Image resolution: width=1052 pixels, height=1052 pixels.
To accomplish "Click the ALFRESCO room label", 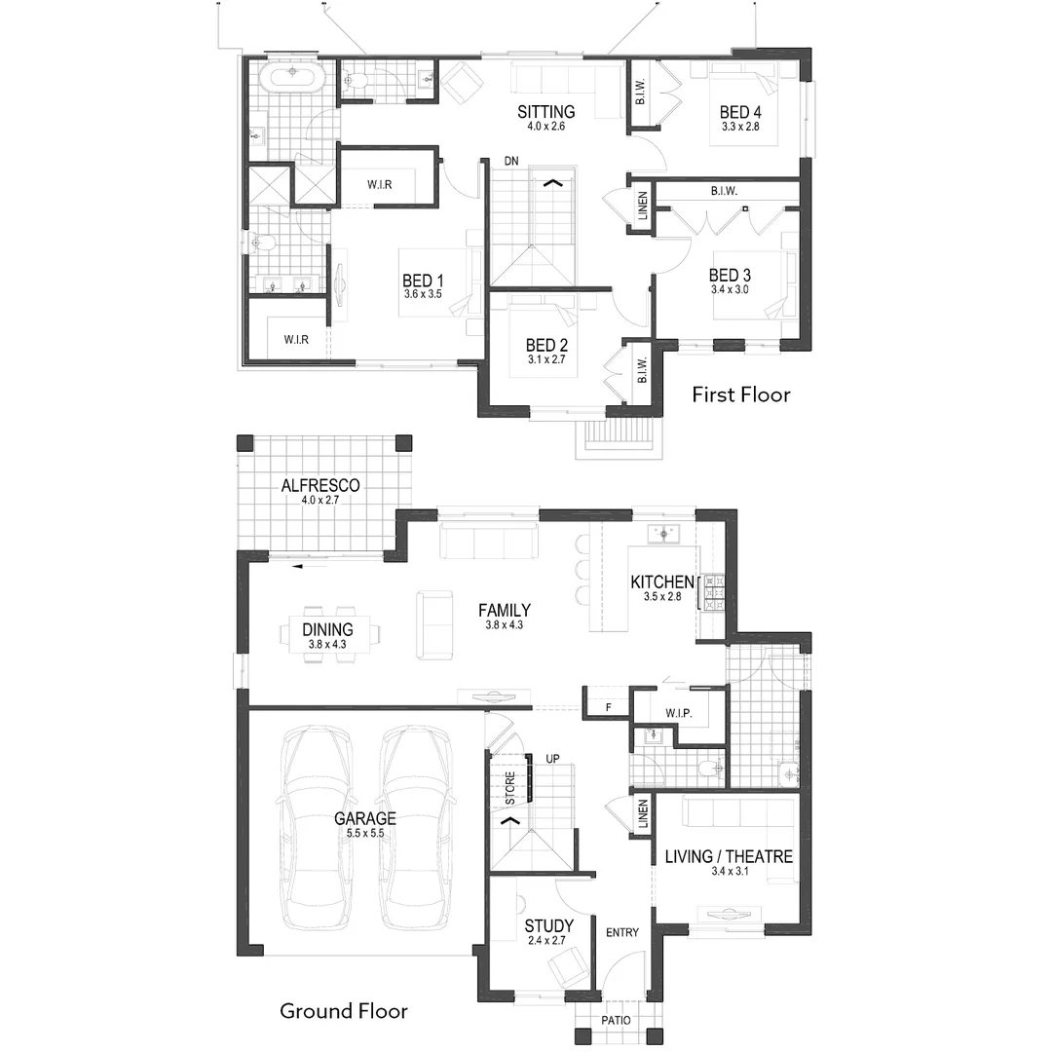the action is point(320,485).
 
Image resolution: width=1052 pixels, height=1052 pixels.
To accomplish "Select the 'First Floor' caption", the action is point(740,394).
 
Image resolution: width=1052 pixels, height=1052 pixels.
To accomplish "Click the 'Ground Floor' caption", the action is point(344,1011).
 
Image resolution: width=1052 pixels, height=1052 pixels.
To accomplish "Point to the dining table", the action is point(328,634).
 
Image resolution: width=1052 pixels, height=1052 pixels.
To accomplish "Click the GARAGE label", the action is point(365,818).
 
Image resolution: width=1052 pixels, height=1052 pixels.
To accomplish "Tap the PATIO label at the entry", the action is point(616,1021).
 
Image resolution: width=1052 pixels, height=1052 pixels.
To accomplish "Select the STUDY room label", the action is point(548,926).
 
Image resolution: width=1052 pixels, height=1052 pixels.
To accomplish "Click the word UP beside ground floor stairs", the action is point(552,759).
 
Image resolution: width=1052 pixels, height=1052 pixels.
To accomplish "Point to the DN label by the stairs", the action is point(511,161).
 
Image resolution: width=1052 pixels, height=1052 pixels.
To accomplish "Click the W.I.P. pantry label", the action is point(679,714).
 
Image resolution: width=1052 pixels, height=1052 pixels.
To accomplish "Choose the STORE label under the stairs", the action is point(509,788).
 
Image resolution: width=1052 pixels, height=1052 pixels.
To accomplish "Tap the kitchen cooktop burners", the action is point(713,592).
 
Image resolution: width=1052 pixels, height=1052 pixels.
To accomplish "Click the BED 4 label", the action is point(740,112).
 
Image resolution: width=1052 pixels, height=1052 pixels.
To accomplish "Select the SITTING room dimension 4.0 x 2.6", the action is point(545,126).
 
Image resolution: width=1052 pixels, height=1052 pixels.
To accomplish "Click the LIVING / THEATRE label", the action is point(729,857).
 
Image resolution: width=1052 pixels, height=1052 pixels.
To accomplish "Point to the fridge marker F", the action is point(609,707).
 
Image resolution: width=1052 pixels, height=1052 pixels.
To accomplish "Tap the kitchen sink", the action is point(663,534).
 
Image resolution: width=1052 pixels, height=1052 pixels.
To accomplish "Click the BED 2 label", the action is point(546,346).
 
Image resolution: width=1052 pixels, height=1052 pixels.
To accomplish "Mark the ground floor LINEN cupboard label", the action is point(643,813).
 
